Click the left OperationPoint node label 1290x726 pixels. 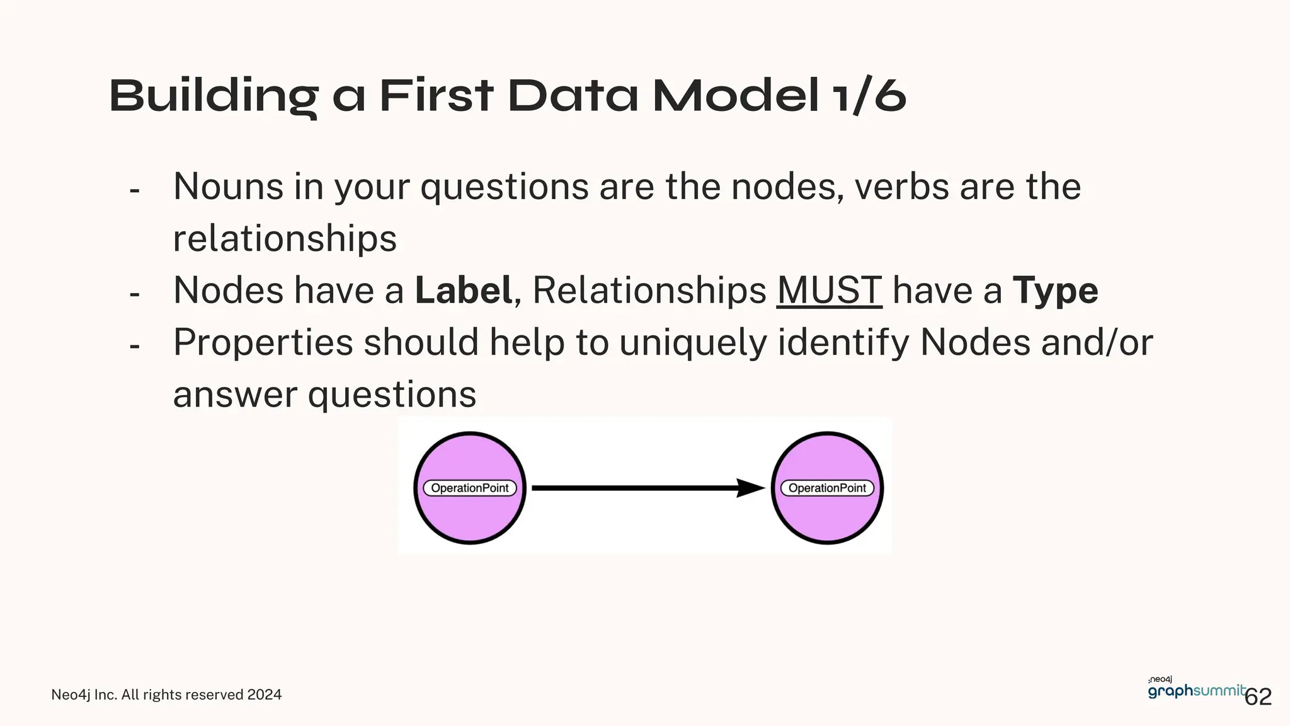469,488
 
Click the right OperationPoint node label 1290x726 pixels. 827,488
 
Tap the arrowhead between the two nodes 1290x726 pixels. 750,488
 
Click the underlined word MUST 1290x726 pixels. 829,291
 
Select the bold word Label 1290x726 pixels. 463,291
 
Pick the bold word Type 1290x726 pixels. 1055,292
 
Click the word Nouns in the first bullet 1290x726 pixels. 229,187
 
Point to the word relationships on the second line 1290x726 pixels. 285,239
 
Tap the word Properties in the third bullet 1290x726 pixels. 263,343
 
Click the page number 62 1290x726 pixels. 1259,697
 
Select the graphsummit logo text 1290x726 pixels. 1196,691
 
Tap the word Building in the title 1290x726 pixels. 214,96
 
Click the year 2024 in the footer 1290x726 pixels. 264,694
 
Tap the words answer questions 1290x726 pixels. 324,395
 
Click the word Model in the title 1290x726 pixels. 736,96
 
